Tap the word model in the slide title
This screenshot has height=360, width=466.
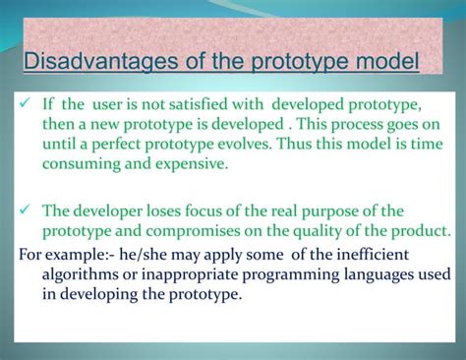pyautogui.click(x=384, y=64)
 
